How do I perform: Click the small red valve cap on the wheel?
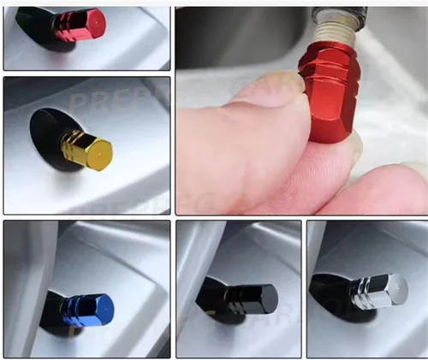pyautogui.click(x=79, y=25)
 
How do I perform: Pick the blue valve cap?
pyautogui.click(x=88, y=308)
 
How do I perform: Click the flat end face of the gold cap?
pyautogui.click(x=100, y=153)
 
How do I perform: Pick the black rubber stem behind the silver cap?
pyautogui.click(x=330, y=291)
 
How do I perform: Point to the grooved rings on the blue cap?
pyautogui.click(x=77, y=308)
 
